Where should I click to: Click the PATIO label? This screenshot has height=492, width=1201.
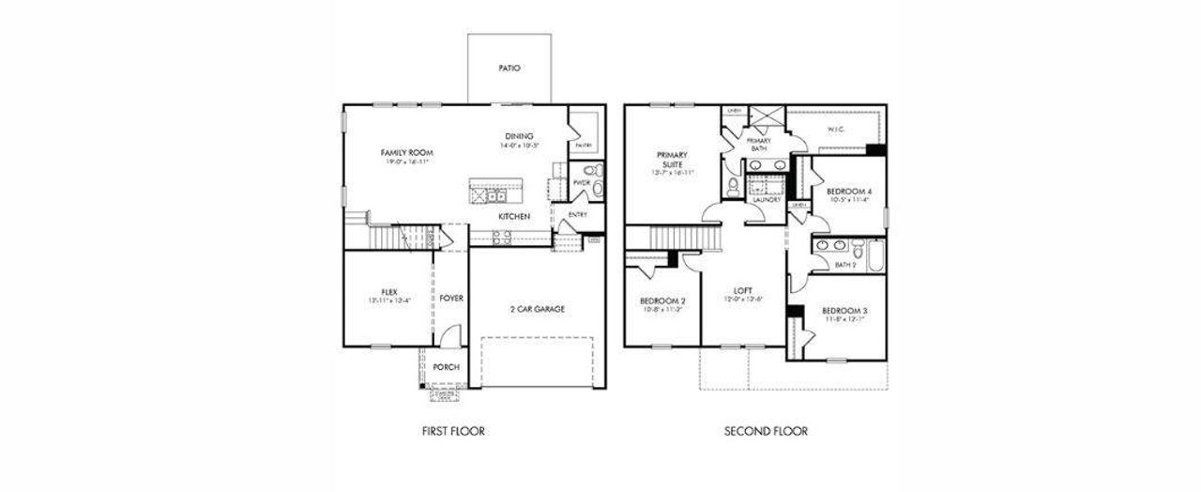tap(509, 69)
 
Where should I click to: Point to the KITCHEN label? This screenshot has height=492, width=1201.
tap(513, 217)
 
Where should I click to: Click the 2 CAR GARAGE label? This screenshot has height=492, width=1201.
tap(536, 309)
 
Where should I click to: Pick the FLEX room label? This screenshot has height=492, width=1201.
tap(389, 291)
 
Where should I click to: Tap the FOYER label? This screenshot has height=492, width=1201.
tap(451, 298)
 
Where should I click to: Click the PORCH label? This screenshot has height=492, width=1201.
tap(446, 367)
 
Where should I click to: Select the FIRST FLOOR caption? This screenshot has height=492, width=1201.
tap(453, 432)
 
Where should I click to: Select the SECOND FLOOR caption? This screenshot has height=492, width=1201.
tap(766, 432)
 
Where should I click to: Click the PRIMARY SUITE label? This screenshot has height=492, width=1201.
tap(672, 160)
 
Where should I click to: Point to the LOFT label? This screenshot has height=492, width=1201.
tap(743, 290)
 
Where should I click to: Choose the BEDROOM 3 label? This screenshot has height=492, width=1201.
tap(844, 311)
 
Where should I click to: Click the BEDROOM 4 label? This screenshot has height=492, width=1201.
tap(848, 192)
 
